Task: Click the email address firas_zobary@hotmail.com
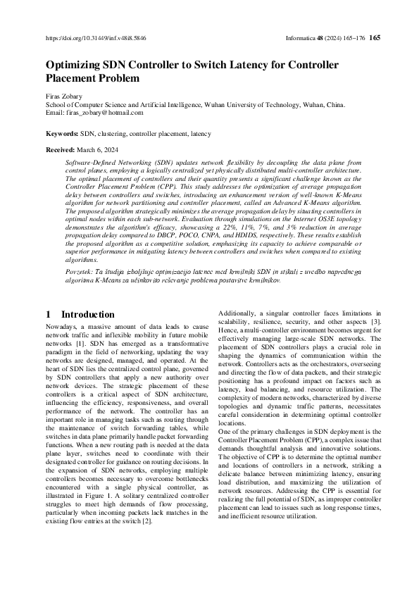coord(104,112)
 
